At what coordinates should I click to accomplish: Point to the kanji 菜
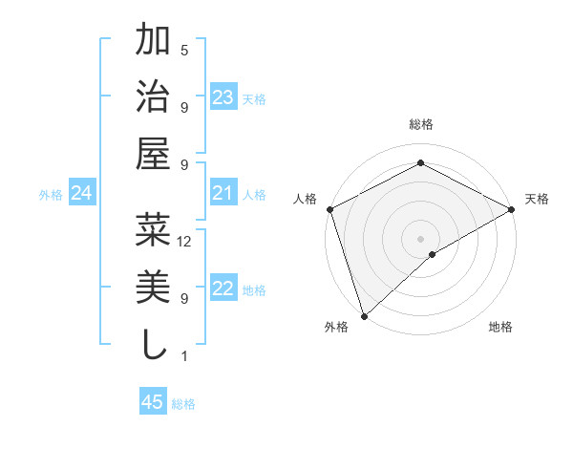[154, 230]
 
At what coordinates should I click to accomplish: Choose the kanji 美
[154, 287]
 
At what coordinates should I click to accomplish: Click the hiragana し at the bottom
[154, 343]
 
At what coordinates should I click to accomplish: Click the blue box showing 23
[223, 97]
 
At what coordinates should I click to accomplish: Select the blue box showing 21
[223, 194]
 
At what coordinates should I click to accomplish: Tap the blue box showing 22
[223, 289]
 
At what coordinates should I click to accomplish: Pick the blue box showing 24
[82, 194]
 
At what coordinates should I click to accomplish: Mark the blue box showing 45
[153, 402]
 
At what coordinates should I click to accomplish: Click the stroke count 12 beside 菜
[185, 242]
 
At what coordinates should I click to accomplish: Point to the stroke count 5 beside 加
[184, 50]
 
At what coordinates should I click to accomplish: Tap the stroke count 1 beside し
[184, 356]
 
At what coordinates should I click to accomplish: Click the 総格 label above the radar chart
[421, 124]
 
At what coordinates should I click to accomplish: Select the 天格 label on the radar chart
[537, 199]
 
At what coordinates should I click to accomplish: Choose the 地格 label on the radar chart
[500, 328]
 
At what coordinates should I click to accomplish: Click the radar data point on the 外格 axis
[364, 315]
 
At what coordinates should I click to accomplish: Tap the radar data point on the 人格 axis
[329, 208]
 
